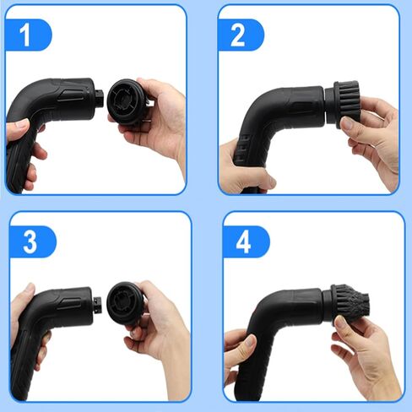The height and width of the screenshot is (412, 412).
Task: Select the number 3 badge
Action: tap(29, 241)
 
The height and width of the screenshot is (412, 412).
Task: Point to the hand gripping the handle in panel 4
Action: tap(241, 355)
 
